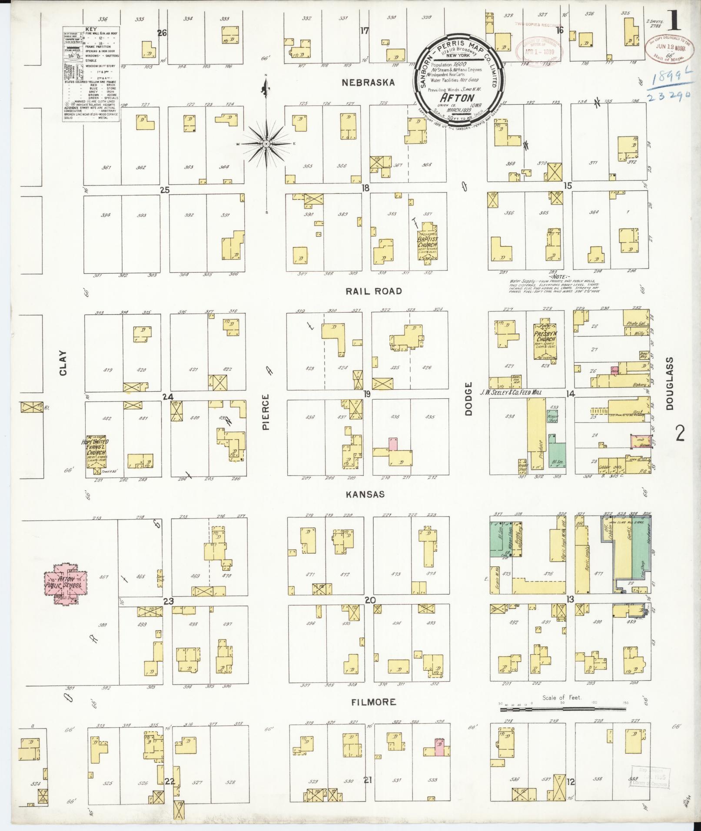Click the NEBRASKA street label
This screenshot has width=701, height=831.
click(368, 83)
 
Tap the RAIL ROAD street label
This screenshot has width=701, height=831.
click(373, 291)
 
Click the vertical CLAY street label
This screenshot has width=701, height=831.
click(64, 363)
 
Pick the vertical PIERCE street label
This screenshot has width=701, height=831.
click(266, 412)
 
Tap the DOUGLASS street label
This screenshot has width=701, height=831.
click(669, 383)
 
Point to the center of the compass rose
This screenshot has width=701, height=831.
click(266, 143)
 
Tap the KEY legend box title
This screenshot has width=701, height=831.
click(91, 29)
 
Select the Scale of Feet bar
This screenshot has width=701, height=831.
click(563, 709)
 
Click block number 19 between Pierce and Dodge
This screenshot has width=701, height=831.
click(367, 394)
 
